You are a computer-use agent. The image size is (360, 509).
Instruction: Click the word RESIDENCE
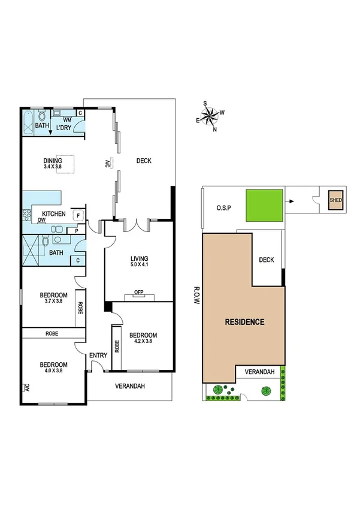(x=244, y=322)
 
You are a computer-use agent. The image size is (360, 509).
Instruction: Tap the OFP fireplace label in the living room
(x=139, y=293)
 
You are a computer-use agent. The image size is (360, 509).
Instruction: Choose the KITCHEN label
(x=53, y=214)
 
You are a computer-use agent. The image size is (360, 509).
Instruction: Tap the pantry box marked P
(x=77, y=230)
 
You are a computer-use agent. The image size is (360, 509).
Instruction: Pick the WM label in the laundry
(x=67, y=121)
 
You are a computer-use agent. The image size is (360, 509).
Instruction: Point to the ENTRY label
(x=98, y=356)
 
